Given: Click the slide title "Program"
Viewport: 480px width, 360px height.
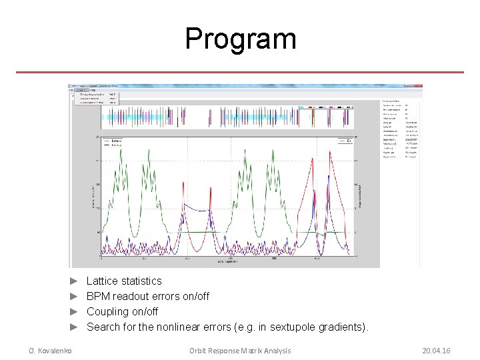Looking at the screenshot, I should [240, 39].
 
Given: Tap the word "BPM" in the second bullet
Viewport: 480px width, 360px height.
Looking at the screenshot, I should [99, 297].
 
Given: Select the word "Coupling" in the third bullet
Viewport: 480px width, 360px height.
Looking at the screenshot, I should [108, 312].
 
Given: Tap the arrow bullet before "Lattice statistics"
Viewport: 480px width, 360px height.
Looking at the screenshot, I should [75, 281].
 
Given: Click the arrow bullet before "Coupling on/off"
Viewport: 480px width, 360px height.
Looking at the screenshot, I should [75, 312].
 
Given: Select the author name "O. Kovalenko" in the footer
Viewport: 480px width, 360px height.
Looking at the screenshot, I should [50, 351].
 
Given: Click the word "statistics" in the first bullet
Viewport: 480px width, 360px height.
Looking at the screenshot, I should [141, 281].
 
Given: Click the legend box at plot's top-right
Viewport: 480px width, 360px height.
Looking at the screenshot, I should [342, 141].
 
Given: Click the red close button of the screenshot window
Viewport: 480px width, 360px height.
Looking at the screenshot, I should [419, 86].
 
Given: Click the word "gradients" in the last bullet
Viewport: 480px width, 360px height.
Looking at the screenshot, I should [340, 327].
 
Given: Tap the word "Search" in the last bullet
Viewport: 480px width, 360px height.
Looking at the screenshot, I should [103, 327].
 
